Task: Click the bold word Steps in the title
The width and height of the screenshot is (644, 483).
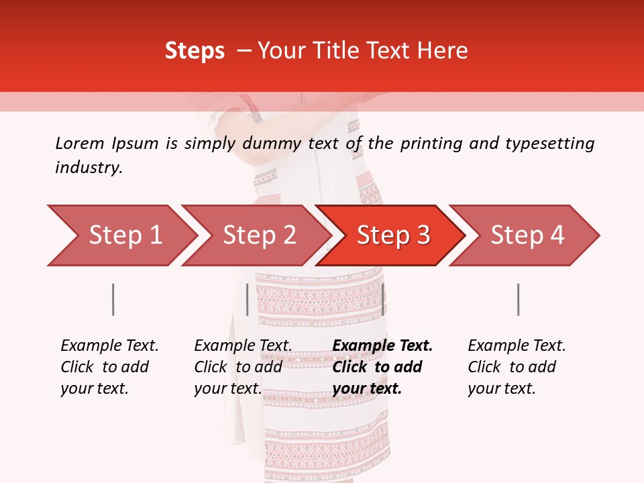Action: pyautogui.click(x=195, y=51)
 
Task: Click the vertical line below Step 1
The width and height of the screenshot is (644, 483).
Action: pyautogui.click(x=113, y=299)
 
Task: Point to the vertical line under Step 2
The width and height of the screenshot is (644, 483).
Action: pyautogui.click(x=248, y=299)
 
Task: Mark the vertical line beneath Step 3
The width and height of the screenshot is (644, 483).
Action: pyautogui.click(x=382, y=299)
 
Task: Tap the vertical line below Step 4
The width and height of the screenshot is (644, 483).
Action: pyautogui.click(x=518, y=299)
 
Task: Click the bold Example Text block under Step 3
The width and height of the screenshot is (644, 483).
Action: pyautogui.click(x=382, y=367)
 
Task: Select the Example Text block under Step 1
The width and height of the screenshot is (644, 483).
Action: pyautogui.click(x=109, y=367)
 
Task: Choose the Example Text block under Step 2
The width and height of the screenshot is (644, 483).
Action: pyautogui.click(x=243, y=367)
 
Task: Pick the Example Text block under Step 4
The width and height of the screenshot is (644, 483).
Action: pyautogui.click(x=517, y=367)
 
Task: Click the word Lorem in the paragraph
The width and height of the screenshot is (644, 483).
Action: pyautogui.click(x=80, y=143)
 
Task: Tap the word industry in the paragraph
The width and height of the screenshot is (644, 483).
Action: pyautogui.click(x=89, y=168)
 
